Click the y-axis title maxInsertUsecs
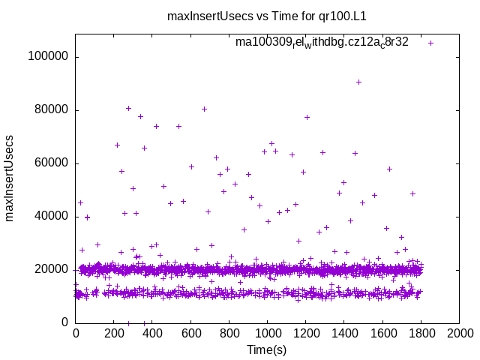tap(10, 178)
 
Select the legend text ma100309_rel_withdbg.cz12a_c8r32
tap(322, 42)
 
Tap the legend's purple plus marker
tap(430, 43)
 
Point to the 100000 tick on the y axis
tap(47, 57)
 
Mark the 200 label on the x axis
tap(114, 335)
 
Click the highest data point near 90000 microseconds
tap(358, 82)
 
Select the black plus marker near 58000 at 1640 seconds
tap(389, 169)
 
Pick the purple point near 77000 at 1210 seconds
tap(307, 117)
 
